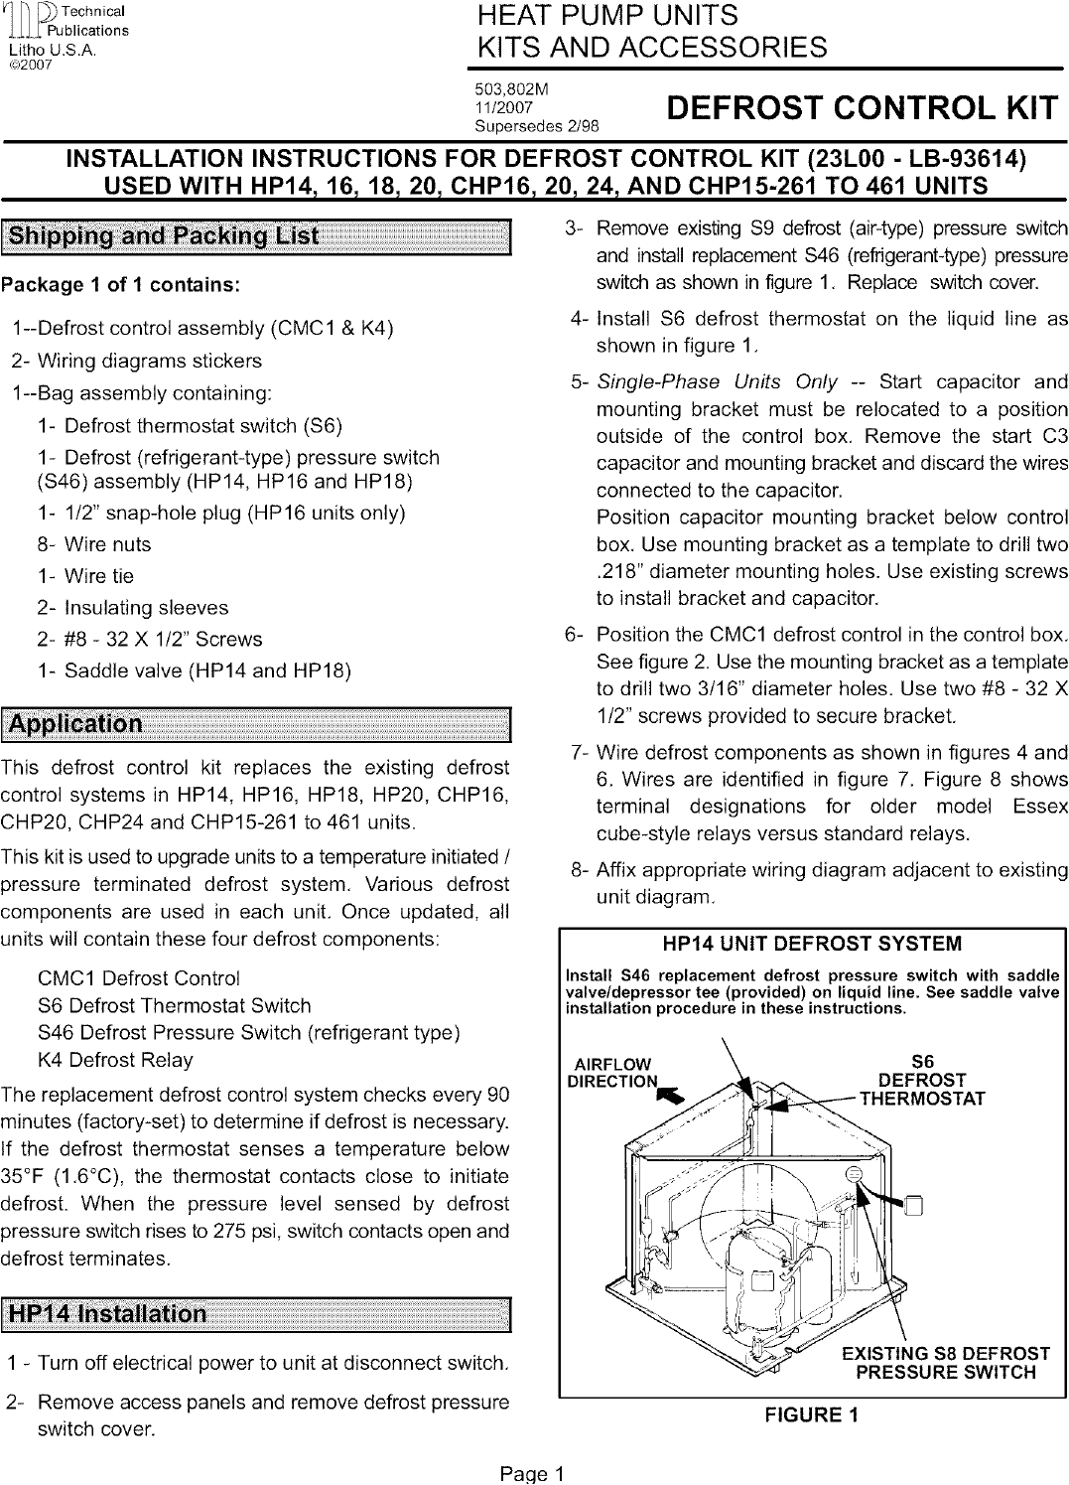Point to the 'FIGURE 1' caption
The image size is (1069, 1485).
coord(811,1414)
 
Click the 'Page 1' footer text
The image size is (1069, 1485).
coord(532,1473)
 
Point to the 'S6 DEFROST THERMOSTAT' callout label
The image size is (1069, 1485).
coord(922,1080)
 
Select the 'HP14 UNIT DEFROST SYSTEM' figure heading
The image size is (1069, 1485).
coord(811,943)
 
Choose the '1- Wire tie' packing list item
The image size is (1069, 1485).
coord(85,576)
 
